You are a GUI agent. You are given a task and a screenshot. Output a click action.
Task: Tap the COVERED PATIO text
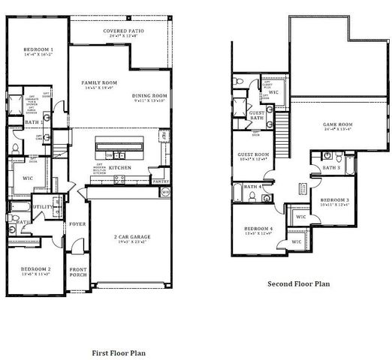click(x=125, y=31)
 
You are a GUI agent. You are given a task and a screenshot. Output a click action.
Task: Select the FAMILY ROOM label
click(x=100, y=82)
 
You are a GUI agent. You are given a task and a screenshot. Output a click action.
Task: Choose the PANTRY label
click(x=161, y=181)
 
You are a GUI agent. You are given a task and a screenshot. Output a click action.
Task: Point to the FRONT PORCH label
click(x=78, y=273)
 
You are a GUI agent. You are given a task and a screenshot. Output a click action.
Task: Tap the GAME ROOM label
click(x=338, y=124)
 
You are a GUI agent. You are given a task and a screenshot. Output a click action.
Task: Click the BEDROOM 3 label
click(x=333, y=199)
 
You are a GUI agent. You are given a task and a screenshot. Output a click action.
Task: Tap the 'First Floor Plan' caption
click(x=119, y=352)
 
